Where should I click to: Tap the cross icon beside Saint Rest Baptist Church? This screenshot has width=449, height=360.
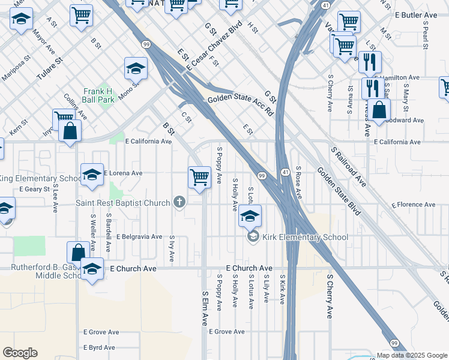point(178,202)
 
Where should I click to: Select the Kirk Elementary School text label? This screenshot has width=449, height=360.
point(305,237)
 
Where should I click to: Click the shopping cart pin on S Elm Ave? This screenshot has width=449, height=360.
point(199,178)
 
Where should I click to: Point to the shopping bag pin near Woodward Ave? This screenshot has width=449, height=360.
point(379,111)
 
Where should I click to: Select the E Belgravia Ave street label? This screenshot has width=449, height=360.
point(139,237)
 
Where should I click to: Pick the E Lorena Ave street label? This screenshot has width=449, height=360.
point(123,173)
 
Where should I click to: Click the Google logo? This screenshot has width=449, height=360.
point(20,353)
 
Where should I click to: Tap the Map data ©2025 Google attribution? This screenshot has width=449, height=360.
point(412,355)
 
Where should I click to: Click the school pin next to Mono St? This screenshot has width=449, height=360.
point(136,70)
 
